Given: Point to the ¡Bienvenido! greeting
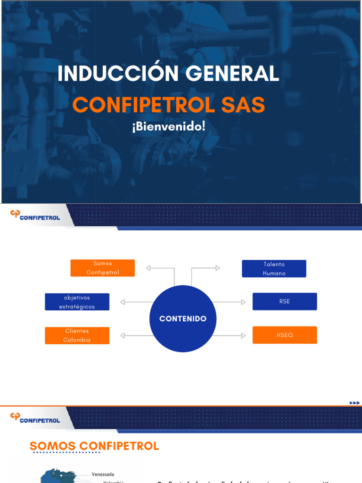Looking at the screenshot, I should tap(169, 127).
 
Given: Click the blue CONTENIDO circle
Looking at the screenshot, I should tap(183, 319).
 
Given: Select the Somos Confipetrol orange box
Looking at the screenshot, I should tap(103, 268).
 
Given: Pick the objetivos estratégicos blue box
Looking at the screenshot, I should tap(77, 302).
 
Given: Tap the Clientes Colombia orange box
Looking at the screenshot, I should tap(77, 335).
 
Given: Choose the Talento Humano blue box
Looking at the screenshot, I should tap(274, 268).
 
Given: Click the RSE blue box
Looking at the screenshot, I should tap(285, 301).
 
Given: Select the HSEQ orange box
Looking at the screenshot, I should tap(285, 335).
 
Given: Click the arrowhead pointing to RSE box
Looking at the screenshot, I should tap(244, 302).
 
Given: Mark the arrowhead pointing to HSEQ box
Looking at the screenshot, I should tap(244, 335).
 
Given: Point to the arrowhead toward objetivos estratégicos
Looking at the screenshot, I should tap(123, 302).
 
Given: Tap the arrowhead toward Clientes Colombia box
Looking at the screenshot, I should tap(123, 335).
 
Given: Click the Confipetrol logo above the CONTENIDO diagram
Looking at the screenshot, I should tap(35, 216).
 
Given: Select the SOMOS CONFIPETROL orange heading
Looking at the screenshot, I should tap(94, 446).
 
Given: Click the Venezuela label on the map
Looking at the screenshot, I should tap(103, 474).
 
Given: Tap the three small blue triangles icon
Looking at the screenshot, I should tap(354, 402).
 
